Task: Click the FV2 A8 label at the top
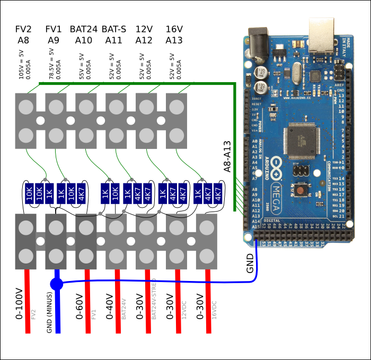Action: (x=23, y=34)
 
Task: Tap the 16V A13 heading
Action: (x=174, y=34)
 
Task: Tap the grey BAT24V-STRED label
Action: (x=154, y=298)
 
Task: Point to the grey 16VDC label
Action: (x=214, y=310)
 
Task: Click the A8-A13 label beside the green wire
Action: (x=227, y=156)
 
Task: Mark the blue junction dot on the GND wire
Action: (x=57, y=284)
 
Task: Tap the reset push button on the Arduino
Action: (x=301, y=190)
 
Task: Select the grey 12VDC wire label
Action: (x=184, y=309)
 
